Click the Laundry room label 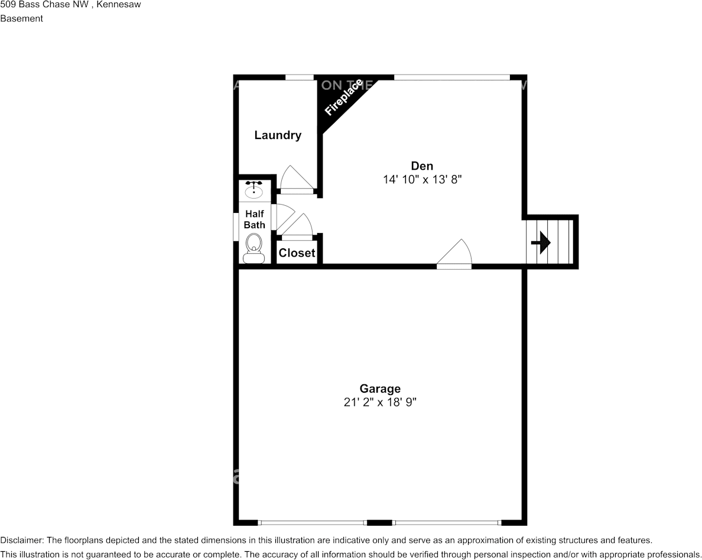click(x=278, y=135)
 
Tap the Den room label click(x=422, y=166)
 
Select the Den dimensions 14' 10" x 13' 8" click(x=422, y=179)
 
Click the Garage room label click(x=380, y=389)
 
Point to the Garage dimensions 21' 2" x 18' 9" click(x=380, y=402)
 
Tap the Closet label click(x=297, y=253)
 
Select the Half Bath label click(x=255, y=219)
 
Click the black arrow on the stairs click(x=541, y=242)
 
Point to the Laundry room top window click(x=300, y=77)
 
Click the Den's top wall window click(x=451, y=77)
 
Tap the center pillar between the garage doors click(x=379, y=523)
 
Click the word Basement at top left click(x=22, y=18)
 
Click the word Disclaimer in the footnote click(x=21, y=540)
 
